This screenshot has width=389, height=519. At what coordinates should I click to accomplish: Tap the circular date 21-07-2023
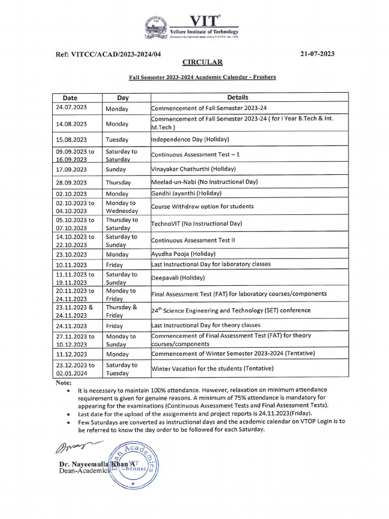(317, 54)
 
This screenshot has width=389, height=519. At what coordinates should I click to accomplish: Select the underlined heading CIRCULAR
(202, 62)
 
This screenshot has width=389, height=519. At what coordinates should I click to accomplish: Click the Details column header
(238, 97)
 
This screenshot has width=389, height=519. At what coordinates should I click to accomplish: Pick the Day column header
(123, 97)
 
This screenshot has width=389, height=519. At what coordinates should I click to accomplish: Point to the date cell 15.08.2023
(71, 139)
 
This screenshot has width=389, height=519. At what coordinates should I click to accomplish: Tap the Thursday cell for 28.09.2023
(118, 182)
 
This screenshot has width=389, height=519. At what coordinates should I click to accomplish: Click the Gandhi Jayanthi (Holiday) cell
(186, 194)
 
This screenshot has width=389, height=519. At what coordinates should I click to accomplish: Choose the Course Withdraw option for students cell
(202, 207)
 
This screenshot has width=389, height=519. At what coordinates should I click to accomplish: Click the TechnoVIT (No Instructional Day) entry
(196, 224)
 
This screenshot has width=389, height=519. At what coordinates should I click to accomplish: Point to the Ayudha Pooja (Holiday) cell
(183, 254)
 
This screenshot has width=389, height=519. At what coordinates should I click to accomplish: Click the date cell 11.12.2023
(71, 354)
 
